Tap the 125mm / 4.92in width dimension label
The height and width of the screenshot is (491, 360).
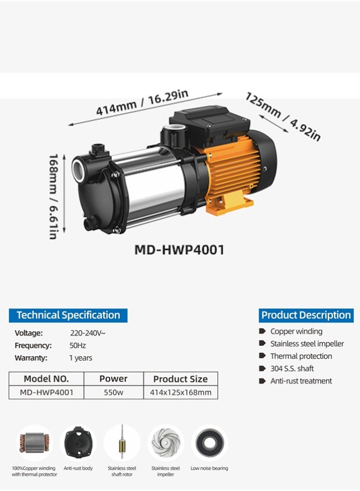283,117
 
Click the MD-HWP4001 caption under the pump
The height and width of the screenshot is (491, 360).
179,250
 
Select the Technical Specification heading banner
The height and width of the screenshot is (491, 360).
68,315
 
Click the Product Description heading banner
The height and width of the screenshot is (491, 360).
306,315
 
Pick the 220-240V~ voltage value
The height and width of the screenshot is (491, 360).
87,333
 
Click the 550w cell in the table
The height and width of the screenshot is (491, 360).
113,392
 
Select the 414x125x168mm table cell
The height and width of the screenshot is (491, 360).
181,392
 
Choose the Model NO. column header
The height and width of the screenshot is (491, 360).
46,379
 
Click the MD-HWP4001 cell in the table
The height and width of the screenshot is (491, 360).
46,392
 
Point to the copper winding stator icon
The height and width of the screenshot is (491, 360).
34,443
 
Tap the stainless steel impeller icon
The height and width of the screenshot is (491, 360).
166,443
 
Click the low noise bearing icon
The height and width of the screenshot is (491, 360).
209,443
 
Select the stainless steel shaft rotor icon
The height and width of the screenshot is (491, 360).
122,442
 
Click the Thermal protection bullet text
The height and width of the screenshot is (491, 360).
301,356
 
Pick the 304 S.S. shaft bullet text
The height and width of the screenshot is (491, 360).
292,369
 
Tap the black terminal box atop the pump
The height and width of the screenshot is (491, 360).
209,124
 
